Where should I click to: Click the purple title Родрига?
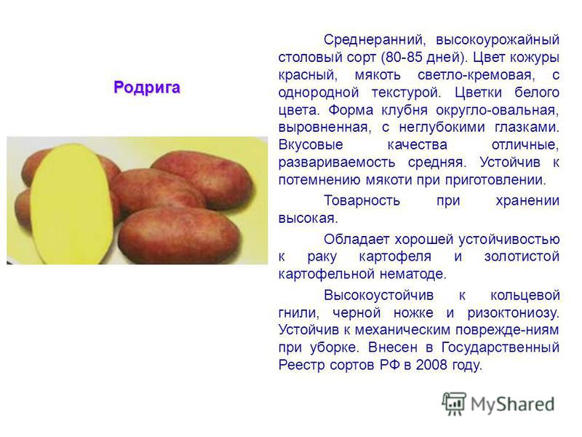pyautogui.click(x=147, y=87)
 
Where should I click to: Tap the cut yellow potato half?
pyautogui.click(x=71, y=204)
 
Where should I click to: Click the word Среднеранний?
pyautogui.click(x=375, y=39)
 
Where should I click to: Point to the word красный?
pyautogui.click(x=308, y=75)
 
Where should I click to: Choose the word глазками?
pyautogui.click(x=527, y=127)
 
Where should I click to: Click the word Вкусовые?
pyautogui.click(x=311, y=144)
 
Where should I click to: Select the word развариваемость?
pyautogui.click(x=337, y=162)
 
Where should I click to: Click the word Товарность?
pyautogui.click(x=362, y=201)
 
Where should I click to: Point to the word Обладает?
pyautogui.click(x=357, y=240)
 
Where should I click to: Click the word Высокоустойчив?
pyautogui.click(x=378, y=296)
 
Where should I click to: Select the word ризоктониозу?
pyautogui.click(x=514, y=313)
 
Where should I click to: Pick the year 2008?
pyautogui.click(x=431, y=365)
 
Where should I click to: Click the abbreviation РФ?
pyautogui.click(x=390, y=365)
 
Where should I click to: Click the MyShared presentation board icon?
pyautogui.click(x=454, y=403)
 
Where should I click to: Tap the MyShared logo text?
pyautogui.click(x=513, y=404)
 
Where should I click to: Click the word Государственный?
pyautogui.click(x=501, y=347)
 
